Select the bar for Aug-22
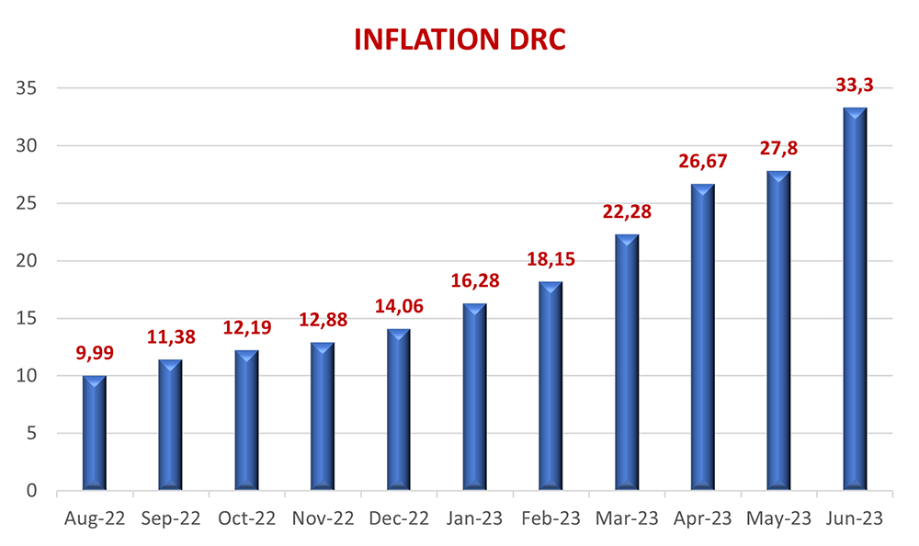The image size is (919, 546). [x=95, y=432]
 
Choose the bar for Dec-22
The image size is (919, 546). [x=399, y=409]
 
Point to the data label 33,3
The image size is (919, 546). [x=855, y=85]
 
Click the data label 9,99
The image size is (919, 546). [x=95, y=354]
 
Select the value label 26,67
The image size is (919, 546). [x=702, y=162]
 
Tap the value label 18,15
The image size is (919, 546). [x=550, y=259]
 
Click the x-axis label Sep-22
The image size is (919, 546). [x=171, y=519]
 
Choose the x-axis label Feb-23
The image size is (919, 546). [x=550, y=519]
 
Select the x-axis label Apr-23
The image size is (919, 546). [x=702, y=519]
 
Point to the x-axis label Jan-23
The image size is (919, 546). [x=474, y=519]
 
